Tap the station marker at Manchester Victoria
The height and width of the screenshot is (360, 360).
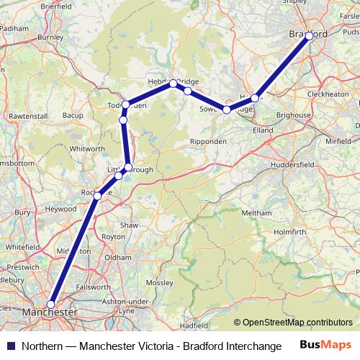pyautogui.click(x=50, y=304)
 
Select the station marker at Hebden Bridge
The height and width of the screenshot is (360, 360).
pyautogui.click(x=173, y=84)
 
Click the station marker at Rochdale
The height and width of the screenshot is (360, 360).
pyautogui.click(x=98, y=195)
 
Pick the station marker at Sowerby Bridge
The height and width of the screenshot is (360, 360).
pyautogui.click(x=227, y=109)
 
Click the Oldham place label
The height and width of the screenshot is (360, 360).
pyautogui.click(x=117, y=257)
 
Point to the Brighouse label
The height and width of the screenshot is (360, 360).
pyautogui.click(x=294, y=115)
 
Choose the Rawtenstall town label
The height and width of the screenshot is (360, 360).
pyautogui.click(x=28, y=115)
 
